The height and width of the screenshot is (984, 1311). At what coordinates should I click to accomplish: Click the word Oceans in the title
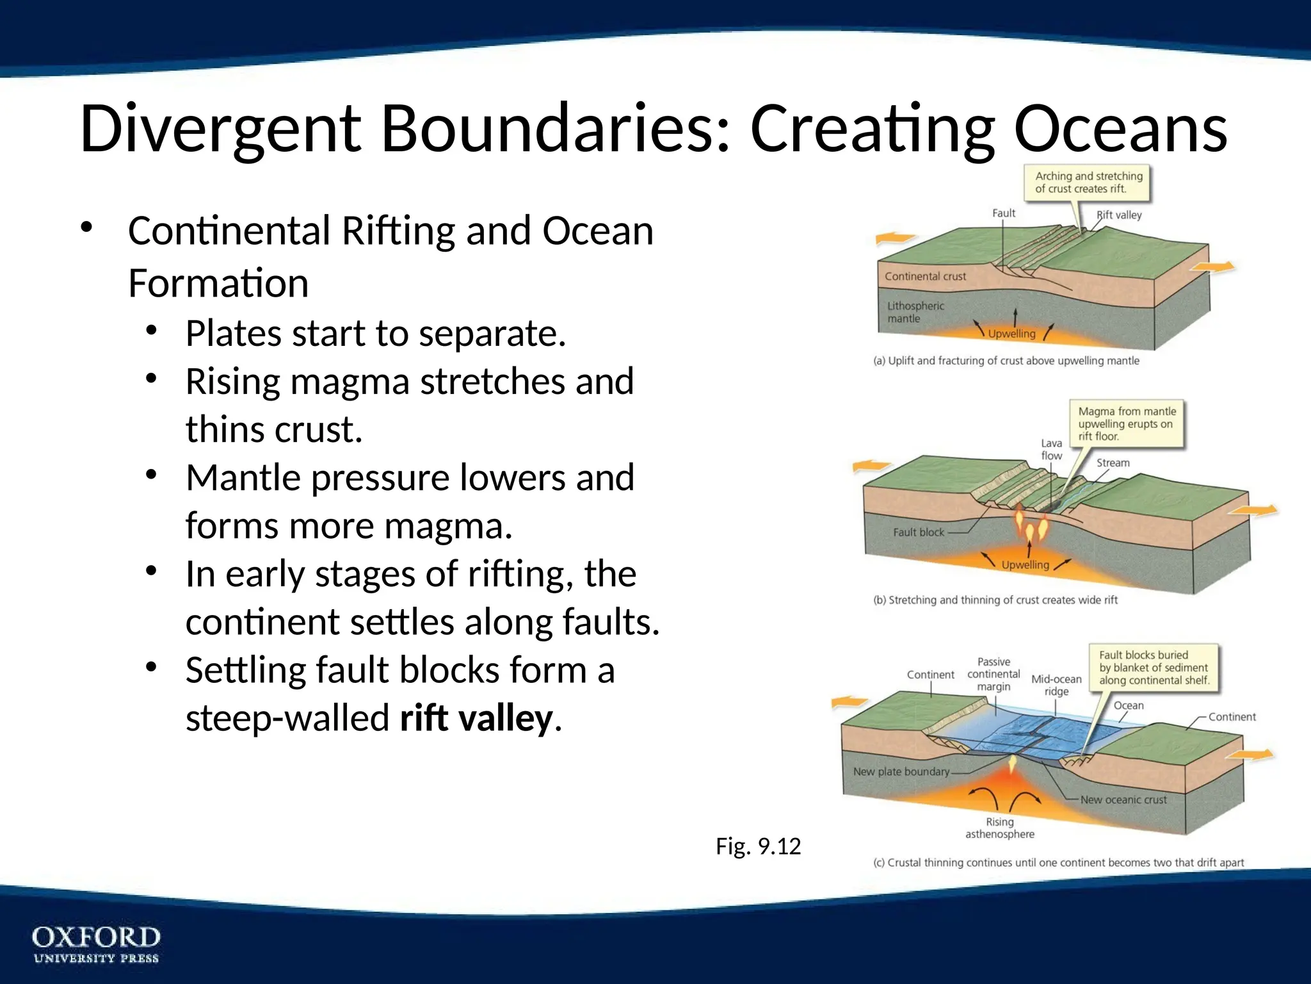tap(1120, 129)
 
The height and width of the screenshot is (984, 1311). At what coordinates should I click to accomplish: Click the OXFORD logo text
tap(96, 937)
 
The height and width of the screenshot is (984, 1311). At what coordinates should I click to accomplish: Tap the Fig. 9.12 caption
tap(758, 846)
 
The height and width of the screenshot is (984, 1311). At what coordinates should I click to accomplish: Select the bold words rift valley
tap(476, 718)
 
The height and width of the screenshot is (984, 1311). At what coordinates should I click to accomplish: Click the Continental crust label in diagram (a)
tap(925, 276)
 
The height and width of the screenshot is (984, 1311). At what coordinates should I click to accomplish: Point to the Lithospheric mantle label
tap(915, 312)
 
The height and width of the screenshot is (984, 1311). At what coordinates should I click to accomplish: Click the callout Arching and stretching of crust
tap(1088, 182)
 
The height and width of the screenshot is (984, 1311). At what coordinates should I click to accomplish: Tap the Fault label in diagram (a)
tap(1003, 213)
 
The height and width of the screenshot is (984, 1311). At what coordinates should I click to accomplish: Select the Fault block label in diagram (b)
tap(918, 532)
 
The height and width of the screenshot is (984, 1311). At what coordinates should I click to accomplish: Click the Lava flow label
tap(1051, 449)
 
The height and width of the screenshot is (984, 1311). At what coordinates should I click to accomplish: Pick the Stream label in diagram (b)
tap(1113, 463)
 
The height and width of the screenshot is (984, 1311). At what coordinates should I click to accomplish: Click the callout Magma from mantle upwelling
tap(1127, 423)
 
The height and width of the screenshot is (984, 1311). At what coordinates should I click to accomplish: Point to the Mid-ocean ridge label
tap(1056, 685)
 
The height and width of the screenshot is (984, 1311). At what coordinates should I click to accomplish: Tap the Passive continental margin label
tap(993, 674)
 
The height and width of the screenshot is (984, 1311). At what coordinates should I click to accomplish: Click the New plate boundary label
tap(901, 771)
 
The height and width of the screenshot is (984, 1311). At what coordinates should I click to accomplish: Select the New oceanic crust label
tap(1123, 799)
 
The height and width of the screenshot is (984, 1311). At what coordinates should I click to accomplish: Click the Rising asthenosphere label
tap(999, 828)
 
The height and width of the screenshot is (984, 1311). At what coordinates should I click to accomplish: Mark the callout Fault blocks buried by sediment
tap(1154, 668)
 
